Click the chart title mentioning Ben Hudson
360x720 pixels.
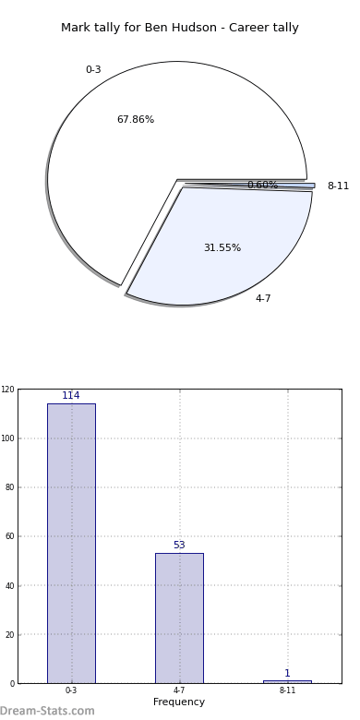pyautogui.click(x=180, y=28)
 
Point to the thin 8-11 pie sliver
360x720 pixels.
pyautogui.click(x=294, y=186)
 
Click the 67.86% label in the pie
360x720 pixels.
pyautogui.click(x=136, y=119)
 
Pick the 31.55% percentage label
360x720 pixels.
pyautogui.click(x=222, y=247)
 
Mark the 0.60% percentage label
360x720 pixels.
pyautogui.click(x=263, y=185)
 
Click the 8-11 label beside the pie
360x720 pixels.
pyautogui.click(x=338, y=186)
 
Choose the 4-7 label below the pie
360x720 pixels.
pyautogui.click(x=263, y=298)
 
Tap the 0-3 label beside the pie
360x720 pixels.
pyautogui.click(x=93, y=69)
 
